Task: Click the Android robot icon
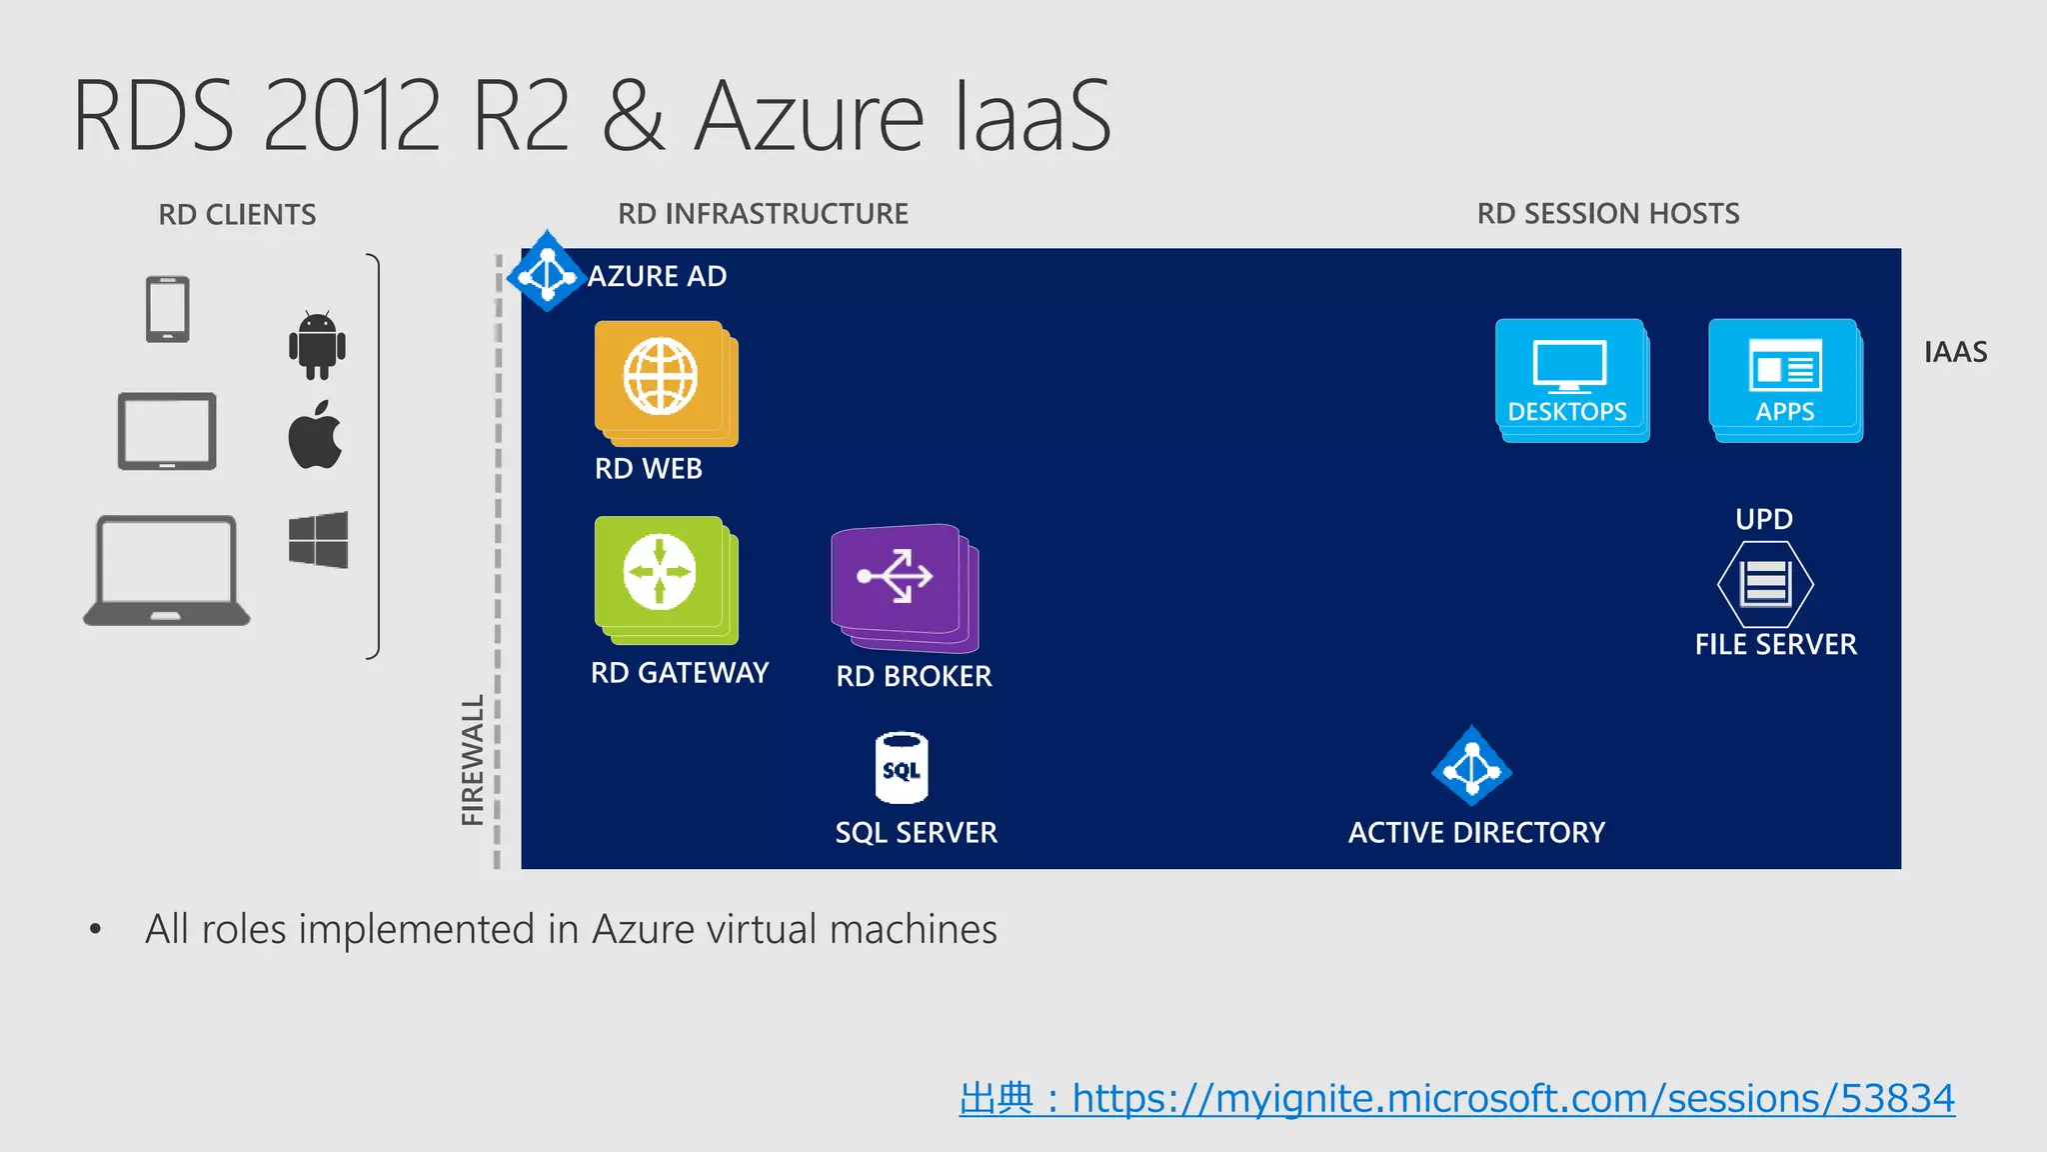click(x=317, y=345)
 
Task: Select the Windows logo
click(x=318, y=540)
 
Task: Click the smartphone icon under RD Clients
click(x=167, y=310)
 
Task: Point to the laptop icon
click(x=166, y=571)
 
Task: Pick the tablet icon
click(x=167, y=431)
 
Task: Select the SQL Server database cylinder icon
click(x=902, y=768)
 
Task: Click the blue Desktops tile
click(x=1570, y=379)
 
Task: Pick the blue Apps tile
click(x=1784, y=379)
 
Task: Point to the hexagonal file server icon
click(x=1765, y=584)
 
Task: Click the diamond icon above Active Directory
click(x=1471, y=767)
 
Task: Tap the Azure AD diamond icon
click(x=546, y=272)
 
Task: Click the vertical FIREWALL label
click(x=473, y=760)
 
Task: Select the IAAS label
click(x=1955, y=352)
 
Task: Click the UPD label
click(x=1763, y=519)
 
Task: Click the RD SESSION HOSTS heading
click(x=1607, y=214)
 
